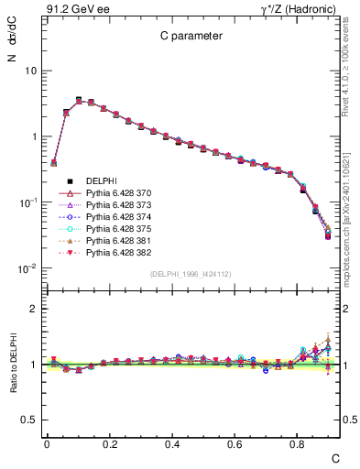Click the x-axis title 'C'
pos(334,457)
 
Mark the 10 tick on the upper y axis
pos(30,71)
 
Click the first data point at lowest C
pos(53,162)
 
